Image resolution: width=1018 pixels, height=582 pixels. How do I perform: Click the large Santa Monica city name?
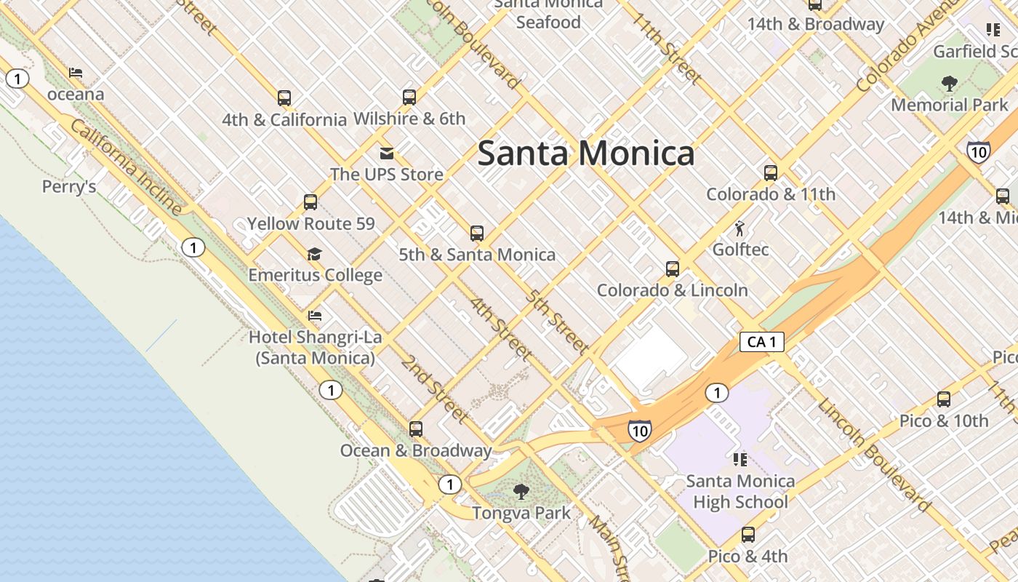[x=586, y=154]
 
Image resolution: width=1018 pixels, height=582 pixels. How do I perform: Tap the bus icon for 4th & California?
[x=284, y=97]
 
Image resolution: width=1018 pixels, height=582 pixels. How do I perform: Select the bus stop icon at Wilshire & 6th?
[x=409, y=97]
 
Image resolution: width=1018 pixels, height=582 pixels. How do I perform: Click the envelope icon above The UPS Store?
[x=386, y=153]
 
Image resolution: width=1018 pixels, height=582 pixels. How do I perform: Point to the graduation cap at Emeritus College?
[x=314, y=254]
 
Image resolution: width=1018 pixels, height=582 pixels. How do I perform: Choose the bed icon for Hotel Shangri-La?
[x=315, y=316]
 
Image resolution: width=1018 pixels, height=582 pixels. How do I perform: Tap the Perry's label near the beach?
[x=69, y=187]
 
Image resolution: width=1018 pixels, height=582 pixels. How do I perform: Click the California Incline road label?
[x=127, y=168]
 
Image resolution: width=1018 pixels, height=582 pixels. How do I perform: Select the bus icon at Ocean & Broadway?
[x=416, y=429]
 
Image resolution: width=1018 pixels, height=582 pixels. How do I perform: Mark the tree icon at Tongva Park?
[x=521, y=492]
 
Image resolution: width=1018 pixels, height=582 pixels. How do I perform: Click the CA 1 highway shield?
[x=761, y=342]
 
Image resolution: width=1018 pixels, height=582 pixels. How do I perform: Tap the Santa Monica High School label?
[x=740, y=491]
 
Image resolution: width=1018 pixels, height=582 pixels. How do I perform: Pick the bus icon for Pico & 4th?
[x=748, y=535]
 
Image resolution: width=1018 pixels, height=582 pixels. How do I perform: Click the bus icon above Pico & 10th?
[x=944, y=399]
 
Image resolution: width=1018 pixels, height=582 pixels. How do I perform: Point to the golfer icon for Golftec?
[x=740, y=228]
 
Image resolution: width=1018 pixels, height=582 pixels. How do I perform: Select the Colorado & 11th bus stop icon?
[x=771, y=173]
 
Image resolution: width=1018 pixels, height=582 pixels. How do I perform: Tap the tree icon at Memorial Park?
[x=949, y=84]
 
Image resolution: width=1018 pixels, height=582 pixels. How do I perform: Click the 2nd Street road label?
[x=434, y=389]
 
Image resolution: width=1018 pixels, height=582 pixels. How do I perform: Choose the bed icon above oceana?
[x=76, y=73]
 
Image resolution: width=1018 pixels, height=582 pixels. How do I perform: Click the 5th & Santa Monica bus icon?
[x=477, y=234]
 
